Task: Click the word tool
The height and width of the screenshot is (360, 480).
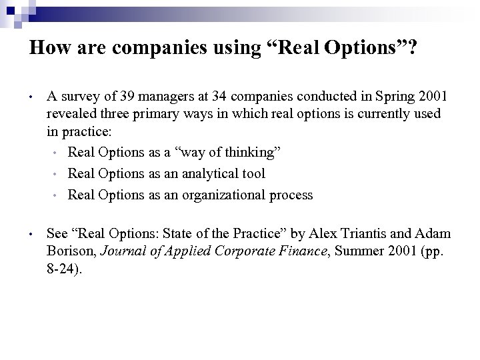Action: (253, 173)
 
